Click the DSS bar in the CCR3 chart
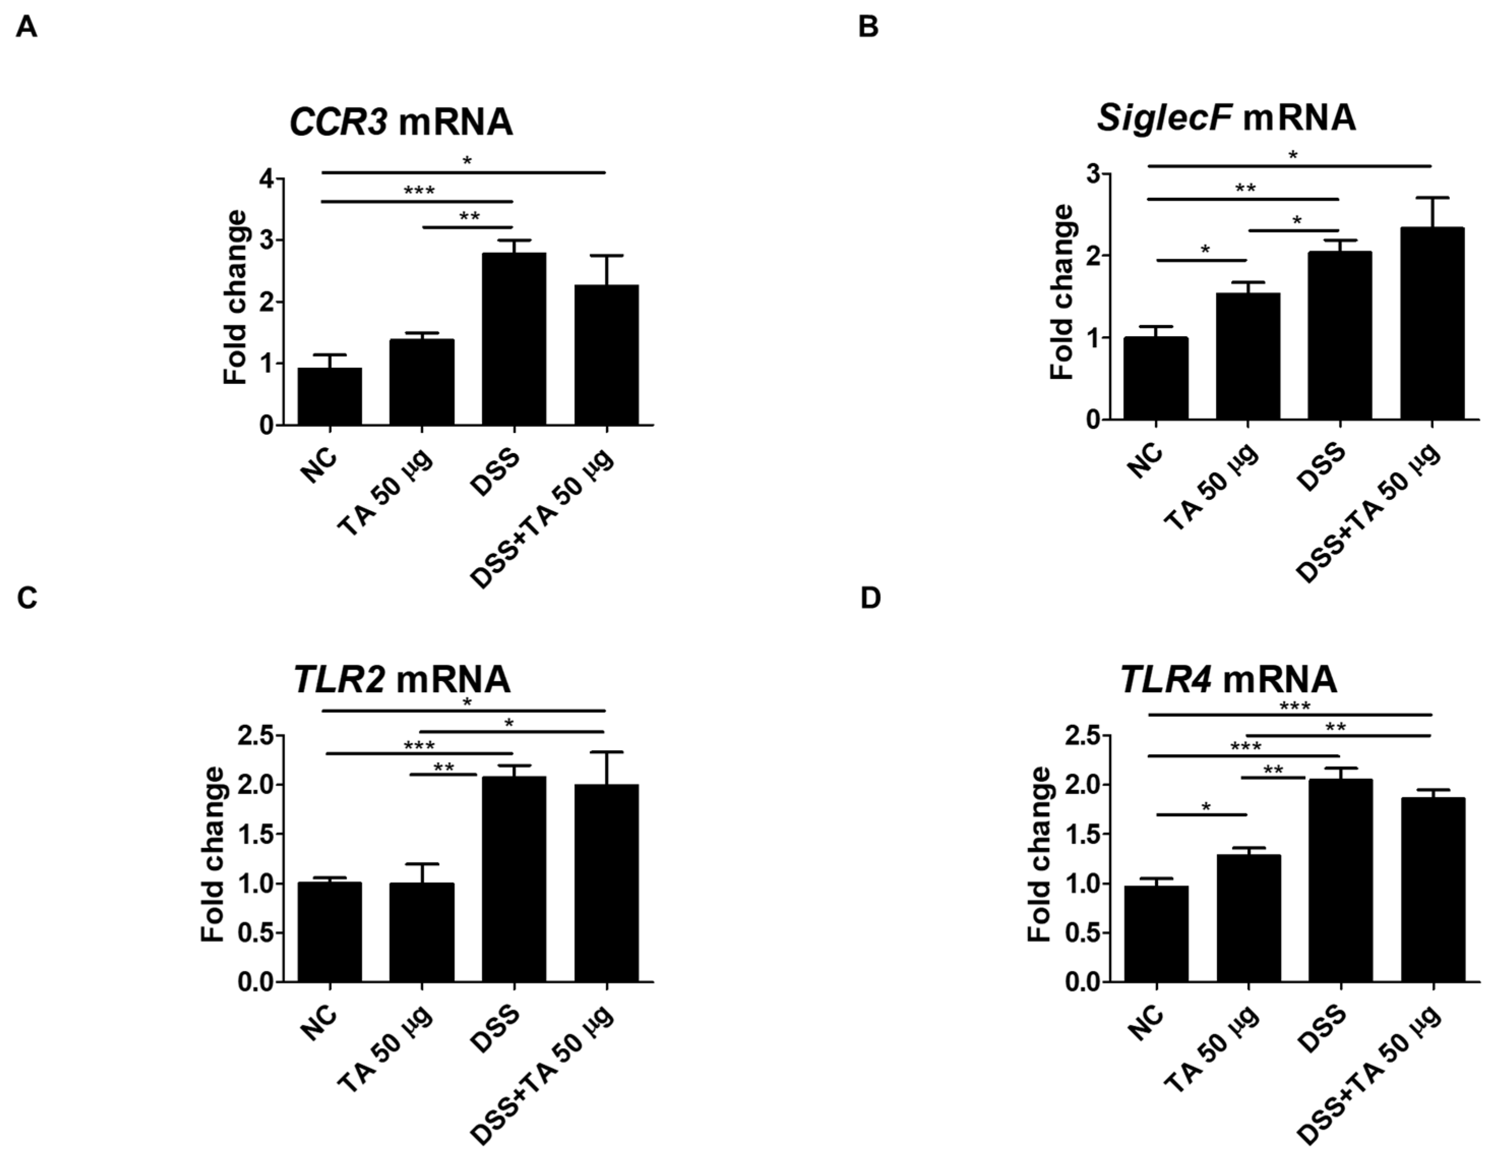tap(513, 340)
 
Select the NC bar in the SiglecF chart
tap(1156, 378)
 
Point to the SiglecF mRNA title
tap(1226, 118)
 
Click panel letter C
tap(27, 598)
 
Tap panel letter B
tap(868, 28)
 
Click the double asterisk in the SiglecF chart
tap(1245, 189)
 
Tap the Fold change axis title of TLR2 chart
tap(212, 854)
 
